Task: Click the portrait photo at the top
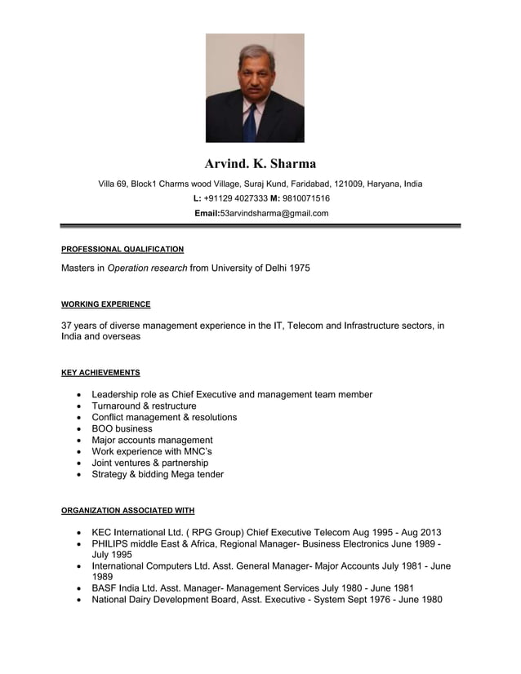pos(255,88)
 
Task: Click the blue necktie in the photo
pos(251,122)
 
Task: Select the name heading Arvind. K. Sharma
pos(260,164)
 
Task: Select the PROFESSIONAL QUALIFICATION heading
pos(122,249)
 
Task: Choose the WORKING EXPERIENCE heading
pos(106,304)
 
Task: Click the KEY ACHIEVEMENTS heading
pos(100,373)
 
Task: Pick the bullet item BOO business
pos(122,428)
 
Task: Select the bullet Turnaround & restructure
pos(144,406)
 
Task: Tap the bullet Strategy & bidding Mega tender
pos(158,474)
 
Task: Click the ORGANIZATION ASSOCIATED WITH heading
pos(128,511)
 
